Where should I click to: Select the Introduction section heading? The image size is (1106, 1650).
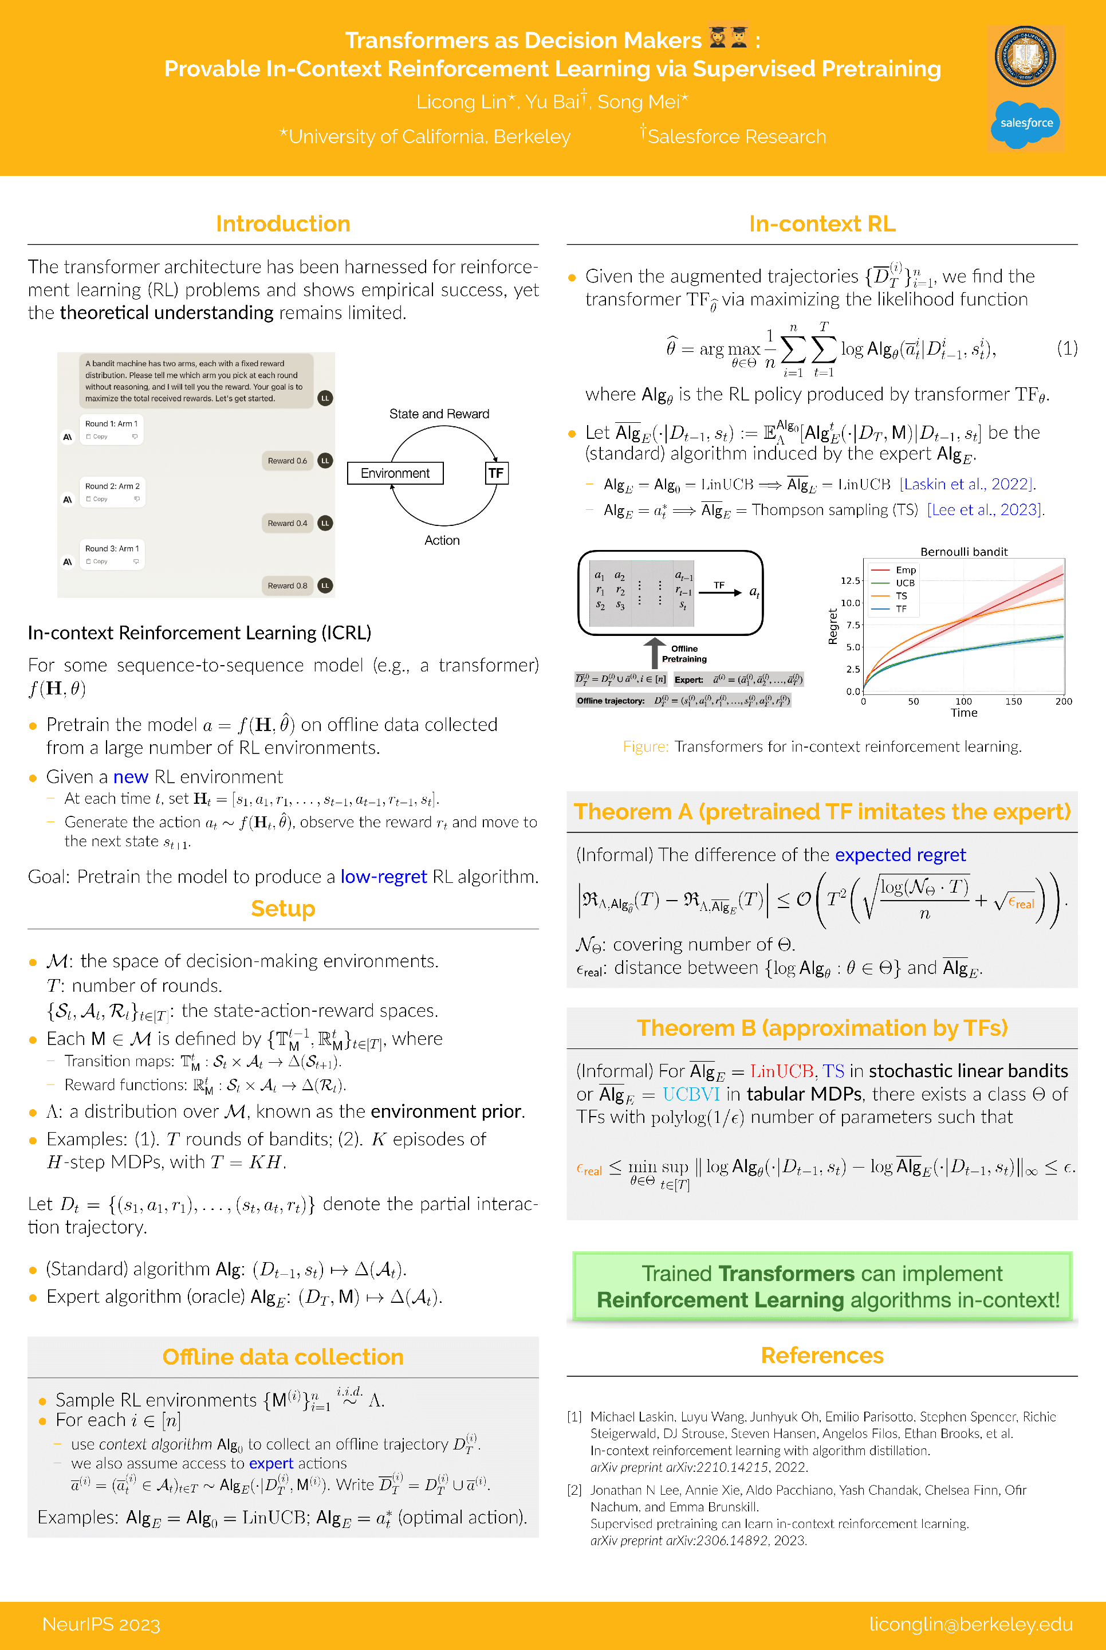click(x=283, y=223)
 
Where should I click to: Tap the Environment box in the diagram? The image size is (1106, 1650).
click(x=395, y=473)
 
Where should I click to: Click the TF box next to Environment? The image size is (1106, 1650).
click(x=496, y=473)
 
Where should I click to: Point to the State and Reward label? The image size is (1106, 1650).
click(x=439, y=414)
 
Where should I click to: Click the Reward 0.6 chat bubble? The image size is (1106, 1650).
click(x=287, y=461)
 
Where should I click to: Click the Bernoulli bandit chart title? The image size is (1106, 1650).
click(x=963, y=552)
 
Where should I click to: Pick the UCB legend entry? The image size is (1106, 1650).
click(x=904, y=583)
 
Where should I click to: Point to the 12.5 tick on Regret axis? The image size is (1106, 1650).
click(x=850, y=580)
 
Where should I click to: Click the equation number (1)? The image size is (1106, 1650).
click(x=1066, y=348)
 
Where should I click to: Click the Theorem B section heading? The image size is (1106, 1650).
click(x=822, y=1028)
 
